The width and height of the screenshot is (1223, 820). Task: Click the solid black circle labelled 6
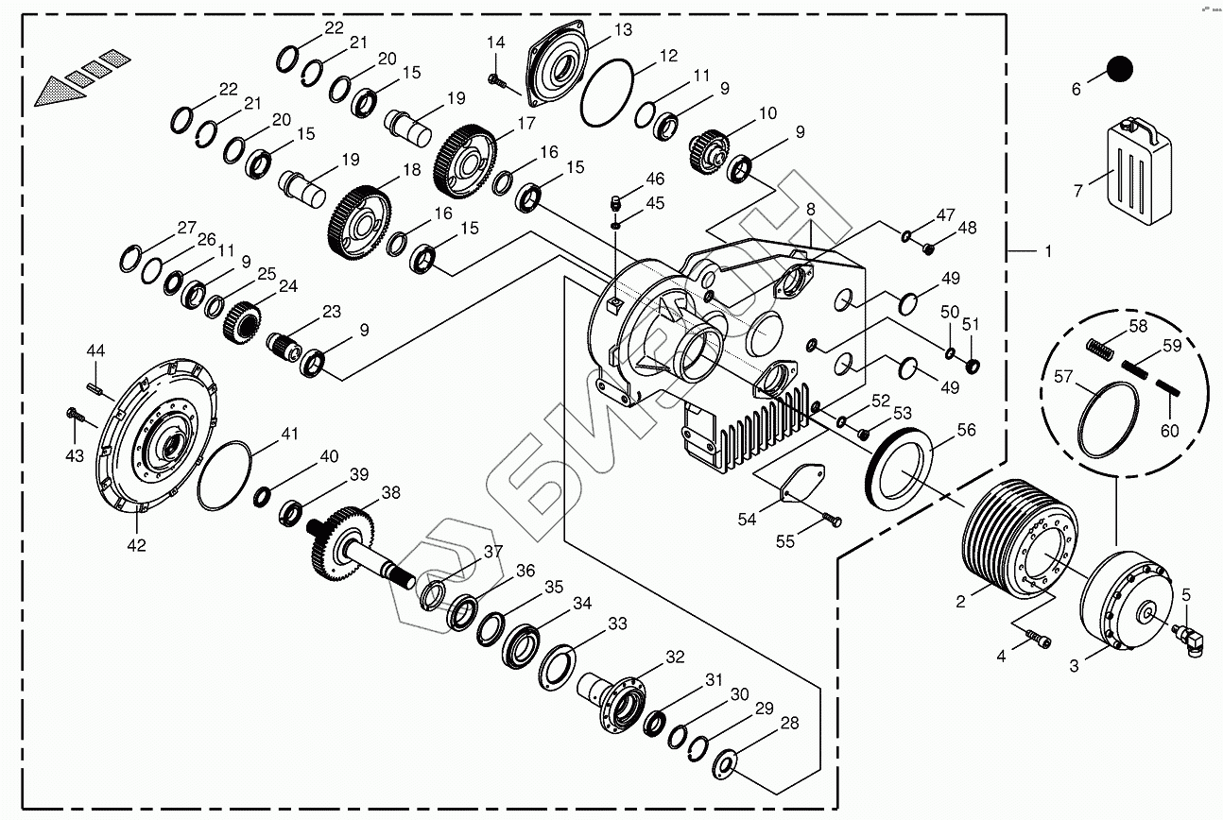pos(1119,69)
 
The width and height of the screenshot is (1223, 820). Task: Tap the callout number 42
pos(136,545)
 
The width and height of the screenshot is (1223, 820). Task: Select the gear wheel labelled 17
pos(465,157)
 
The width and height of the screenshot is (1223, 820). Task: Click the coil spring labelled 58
pos(1101,347)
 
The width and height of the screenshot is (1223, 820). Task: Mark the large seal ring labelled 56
pos(901,465)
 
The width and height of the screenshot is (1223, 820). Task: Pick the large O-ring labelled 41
pos(225,474)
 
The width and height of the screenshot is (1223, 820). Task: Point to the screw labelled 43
pos(75,414)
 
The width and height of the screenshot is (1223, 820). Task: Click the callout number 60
pos(1169,431)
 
